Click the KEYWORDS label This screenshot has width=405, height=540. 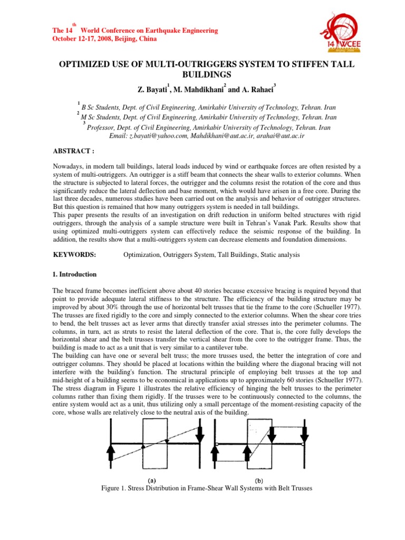(74, 255)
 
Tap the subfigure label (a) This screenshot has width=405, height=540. (151, 480)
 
